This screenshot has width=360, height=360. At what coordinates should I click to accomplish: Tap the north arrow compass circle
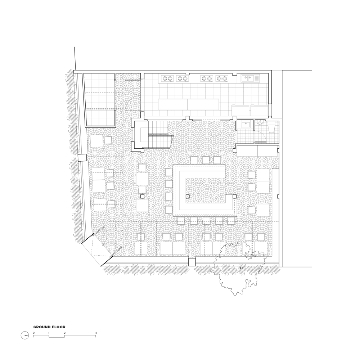click(x=25, y=335)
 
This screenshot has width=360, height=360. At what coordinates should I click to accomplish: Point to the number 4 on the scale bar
click(x=96, y=333)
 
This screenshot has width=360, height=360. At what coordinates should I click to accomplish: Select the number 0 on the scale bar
click(x=33, y=333)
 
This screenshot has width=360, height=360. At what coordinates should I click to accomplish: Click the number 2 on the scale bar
click(x=65, y=333)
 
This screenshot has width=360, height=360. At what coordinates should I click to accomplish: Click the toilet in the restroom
click(x=271, y=127)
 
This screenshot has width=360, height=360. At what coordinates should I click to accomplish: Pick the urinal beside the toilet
click(x=260, y=123)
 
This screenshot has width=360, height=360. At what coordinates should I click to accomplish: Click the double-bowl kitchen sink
click(x=250, y=78)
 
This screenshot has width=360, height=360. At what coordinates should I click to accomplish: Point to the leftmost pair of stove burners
click(x=167, y=78)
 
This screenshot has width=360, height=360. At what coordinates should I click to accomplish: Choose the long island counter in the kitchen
click(x=188, y=104)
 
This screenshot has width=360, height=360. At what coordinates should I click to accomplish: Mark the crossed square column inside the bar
click(x=188, y=196)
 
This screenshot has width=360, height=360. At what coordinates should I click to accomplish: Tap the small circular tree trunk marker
click(x=241, y=268)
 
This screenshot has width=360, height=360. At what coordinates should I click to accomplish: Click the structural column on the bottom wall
click(x=192, y=262)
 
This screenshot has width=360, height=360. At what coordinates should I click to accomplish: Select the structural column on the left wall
click(x=82, y=158)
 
